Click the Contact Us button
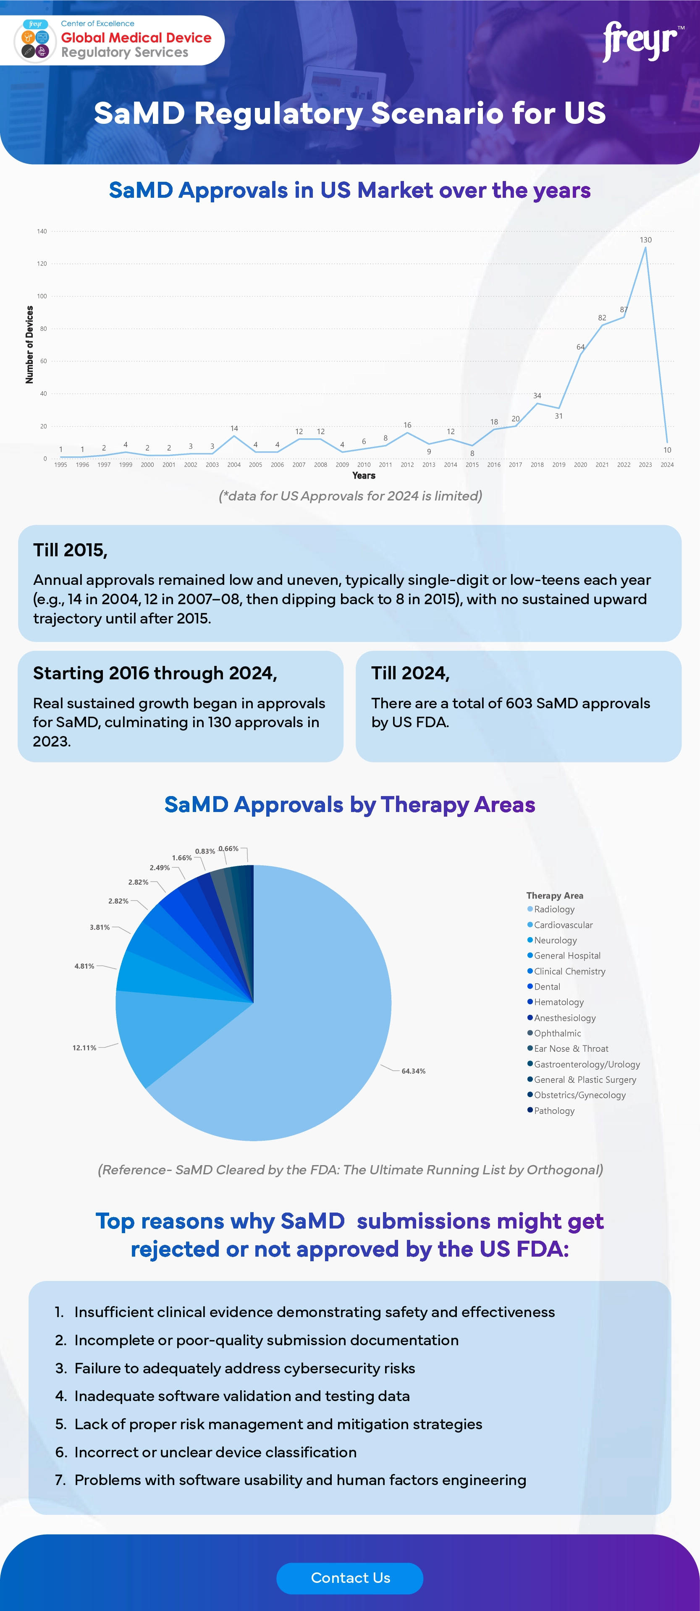[350, 1577]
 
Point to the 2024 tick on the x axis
[667, 465]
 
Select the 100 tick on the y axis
[42, 296]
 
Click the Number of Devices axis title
[29, 345]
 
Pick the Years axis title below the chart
[364, 475]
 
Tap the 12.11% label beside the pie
[84, 1048]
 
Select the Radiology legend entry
[553, 909]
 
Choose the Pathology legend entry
[553, 1111]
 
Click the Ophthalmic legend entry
[557, 1033]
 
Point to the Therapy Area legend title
[554, 896]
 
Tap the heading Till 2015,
[70, 550]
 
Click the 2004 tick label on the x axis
[233, 465]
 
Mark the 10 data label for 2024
[667, 450]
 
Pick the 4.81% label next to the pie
[84, 966]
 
